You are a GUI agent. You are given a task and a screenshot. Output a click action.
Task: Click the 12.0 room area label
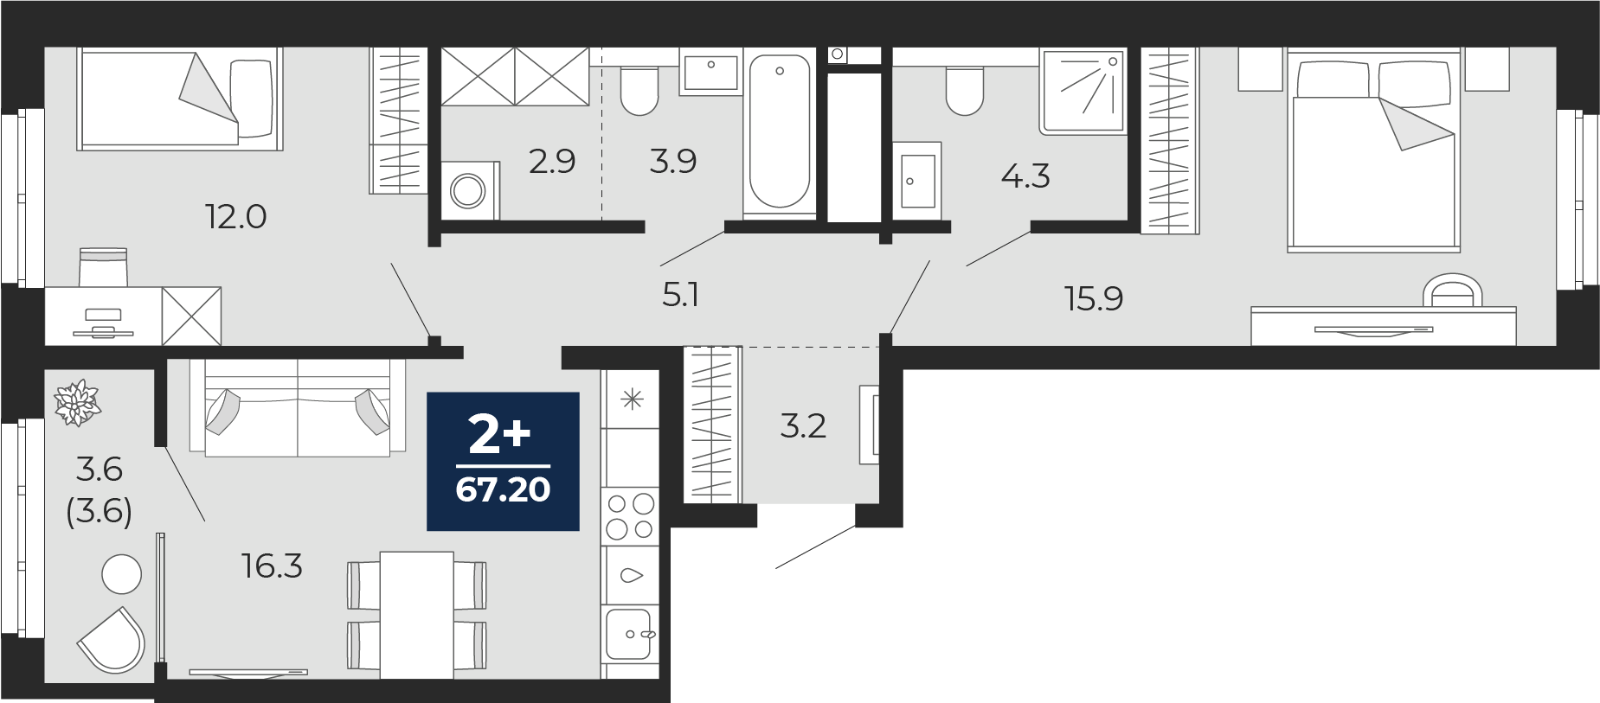pyautogui.click(x=235, y=216)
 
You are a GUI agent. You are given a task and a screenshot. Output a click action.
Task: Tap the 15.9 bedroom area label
pyautogui.click(x=1094, y=298)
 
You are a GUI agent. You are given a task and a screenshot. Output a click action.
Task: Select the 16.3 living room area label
pyautogui.click(x=272, y=566)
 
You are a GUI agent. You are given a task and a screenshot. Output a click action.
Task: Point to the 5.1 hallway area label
pyautogui.click(x=680, y=295)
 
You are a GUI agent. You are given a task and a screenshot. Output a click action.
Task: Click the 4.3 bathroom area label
pyautogui.click(x=1025, y=176)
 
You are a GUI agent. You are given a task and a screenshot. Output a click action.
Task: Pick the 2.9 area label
pyautogui.click(x=552, y=161)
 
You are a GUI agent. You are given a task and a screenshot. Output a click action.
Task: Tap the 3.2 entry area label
pyautogui.click(x=803, y=425)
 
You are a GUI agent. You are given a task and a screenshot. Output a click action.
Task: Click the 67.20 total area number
pyautogui.click(x=503, y=489)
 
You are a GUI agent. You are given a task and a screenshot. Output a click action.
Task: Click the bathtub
pyautogui.click(x=780, y=131)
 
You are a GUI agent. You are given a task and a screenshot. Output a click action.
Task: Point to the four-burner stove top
pyautogui.click(x=630, y=516)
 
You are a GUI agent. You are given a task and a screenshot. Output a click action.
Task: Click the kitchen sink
pyautogui.click(x=630, y=634)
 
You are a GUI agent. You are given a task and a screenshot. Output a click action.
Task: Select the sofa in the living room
pyautogui.click(x=297, y=407)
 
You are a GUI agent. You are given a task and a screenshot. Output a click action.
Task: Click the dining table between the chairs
pyautogui.click(x=416, y=615)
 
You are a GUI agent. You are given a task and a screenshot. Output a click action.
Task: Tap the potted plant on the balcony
pyautogui.click(x=78, y=403)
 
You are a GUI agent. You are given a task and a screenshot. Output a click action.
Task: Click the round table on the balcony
pyautogui.click(x=121, y=574)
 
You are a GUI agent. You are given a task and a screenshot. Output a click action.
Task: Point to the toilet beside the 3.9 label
pyautogui.click(x=639, y=91)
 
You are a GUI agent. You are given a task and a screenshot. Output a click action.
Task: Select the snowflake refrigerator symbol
pyautogui.click(x=633, y=399)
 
